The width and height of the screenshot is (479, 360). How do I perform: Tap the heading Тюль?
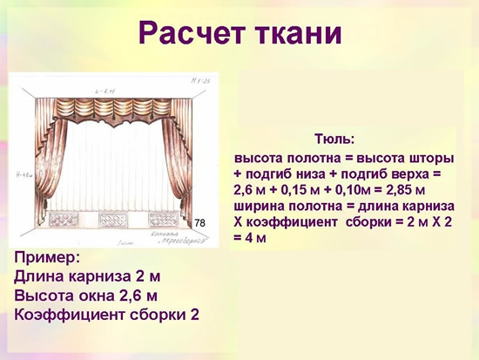334,139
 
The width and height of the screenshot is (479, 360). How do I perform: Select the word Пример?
48,258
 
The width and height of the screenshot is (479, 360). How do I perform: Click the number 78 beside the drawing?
199,224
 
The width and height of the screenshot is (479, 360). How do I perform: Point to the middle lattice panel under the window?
122,221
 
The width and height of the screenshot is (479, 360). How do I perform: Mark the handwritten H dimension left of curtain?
23,175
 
